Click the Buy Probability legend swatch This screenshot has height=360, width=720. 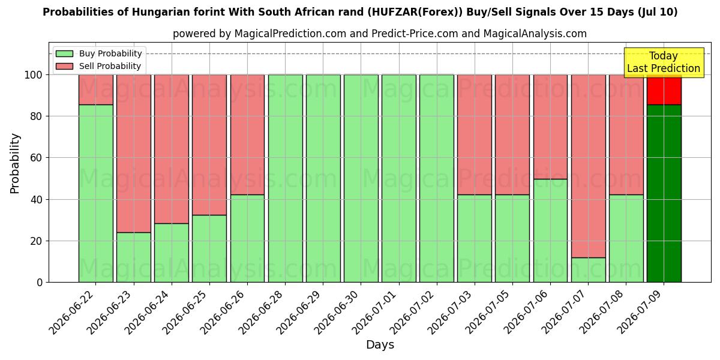(x=64, y=53)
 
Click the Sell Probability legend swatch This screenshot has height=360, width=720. (x=64, y=66)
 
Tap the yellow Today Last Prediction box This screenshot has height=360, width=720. (x=664, y=62)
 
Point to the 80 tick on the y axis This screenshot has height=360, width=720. (x=36, y=116)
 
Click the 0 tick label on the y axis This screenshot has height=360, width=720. (x=40, y=282)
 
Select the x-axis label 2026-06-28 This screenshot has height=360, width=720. (x=260, y=312)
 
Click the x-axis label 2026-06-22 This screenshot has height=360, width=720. (x=71, y=312)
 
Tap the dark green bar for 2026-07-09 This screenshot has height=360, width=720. (x=664, y=193)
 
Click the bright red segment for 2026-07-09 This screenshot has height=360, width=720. (x=664, y=89)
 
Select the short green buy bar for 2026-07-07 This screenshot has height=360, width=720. (x=588, y=270)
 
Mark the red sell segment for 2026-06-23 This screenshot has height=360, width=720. (x=134, y=154)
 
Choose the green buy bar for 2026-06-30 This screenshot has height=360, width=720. (x=361, y=178)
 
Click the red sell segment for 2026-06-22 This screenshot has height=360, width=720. (x=96, y=89)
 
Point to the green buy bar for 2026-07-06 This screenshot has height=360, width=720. (x=550, y=230)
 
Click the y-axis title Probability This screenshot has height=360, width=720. (x=15, y=163)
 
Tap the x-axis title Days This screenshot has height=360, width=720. (x=380, y=345)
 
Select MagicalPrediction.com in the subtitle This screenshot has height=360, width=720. (x=290, y=34)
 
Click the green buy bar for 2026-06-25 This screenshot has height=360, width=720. (x=209, y=248)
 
